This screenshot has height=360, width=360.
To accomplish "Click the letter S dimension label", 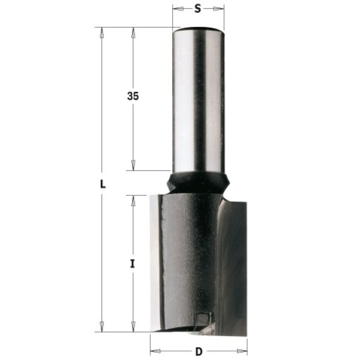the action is (x=197, y=9).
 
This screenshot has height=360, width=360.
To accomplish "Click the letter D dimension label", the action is (x=199, y=352).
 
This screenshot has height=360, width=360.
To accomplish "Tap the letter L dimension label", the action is (x=103, y=184).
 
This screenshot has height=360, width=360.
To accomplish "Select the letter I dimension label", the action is (x=132, y=264).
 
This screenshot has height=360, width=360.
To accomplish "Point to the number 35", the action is (x=133, y=96).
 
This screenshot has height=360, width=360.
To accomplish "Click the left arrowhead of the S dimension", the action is (x=178, y=9).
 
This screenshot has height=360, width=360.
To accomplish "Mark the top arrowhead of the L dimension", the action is (x=102, y=33).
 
